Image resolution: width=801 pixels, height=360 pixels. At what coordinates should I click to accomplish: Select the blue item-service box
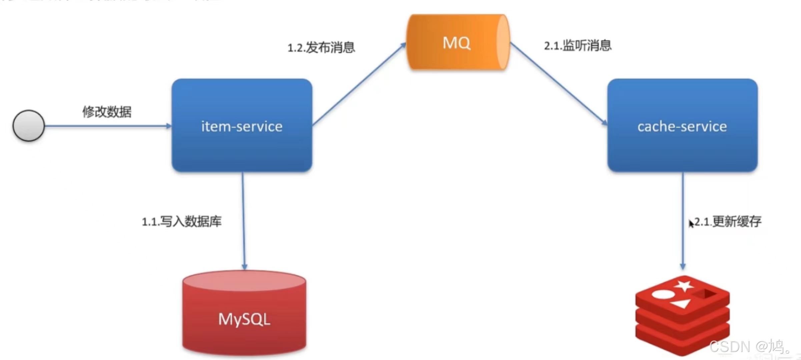click(242, 126)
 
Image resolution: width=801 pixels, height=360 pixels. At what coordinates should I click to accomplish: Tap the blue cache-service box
click(682, 126)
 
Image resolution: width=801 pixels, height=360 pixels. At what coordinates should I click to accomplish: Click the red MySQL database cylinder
click(244, 314)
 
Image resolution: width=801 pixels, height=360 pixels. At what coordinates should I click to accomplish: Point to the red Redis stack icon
click(682, 315)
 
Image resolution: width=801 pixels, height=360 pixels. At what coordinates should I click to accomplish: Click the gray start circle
click(29, 125)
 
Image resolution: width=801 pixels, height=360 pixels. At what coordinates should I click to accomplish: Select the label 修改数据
click(107, 112)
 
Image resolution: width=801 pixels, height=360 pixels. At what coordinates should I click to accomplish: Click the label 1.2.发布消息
click(321, 47)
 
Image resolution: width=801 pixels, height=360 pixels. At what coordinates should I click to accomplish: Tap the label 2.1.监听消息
click(578, 45)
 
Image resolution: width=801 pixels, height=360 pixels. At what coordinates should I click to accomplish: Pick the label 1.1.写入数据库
click(182, 221)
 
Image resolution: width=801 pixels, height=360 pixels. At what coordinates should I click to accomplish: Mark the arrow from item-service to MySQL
click(243, 220)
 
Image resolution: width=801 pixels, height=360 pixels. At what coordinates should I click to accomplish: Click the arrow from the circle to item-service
click(107, 126)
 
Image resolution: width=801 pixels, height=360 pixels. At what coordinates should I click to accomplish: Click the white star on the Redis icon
click(684, 286)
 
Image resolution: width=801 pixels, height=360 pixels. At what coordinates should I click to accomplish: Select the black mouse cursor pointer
click(691, 224)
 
